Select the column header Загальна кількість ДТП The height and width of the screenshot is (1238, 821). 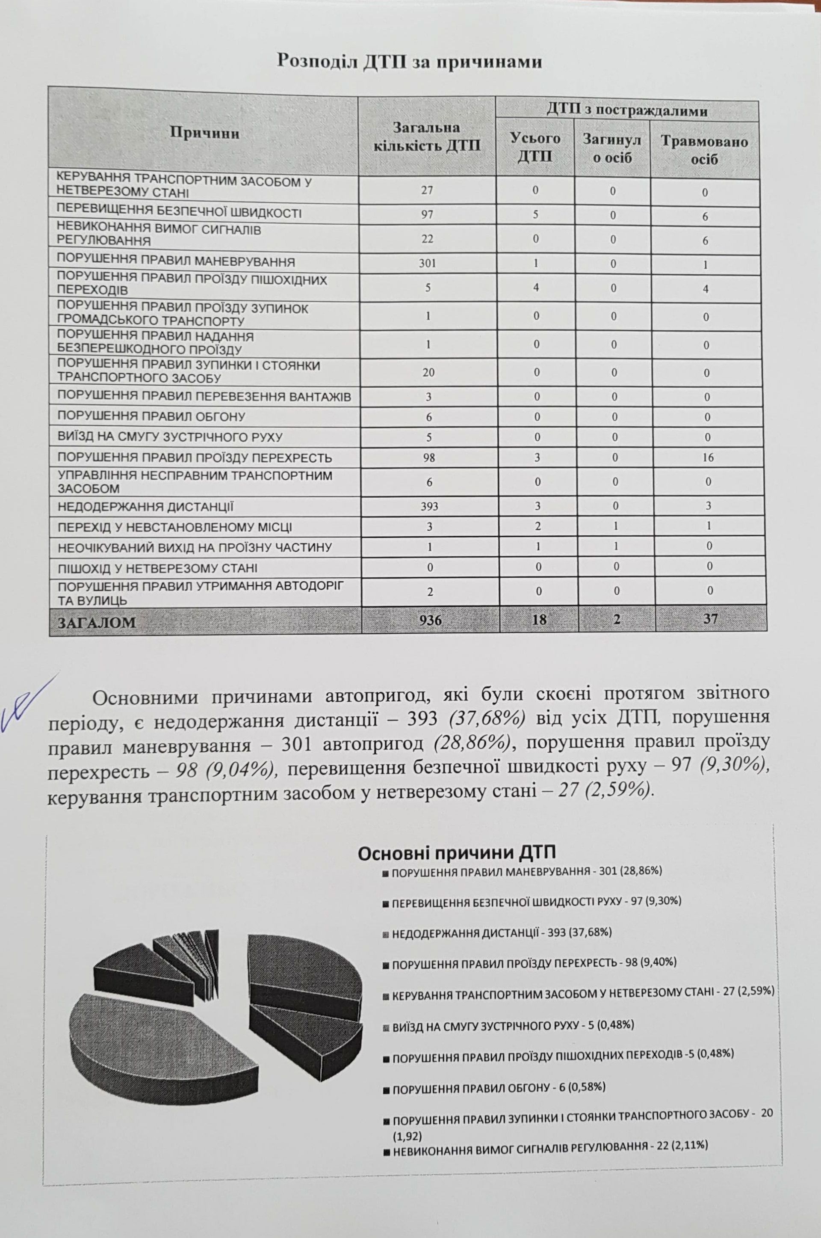(426, 136)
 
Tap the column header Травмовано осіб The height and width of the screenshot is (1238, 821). (704, 149)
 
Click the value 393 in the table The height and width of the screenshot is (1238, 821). (429, 506)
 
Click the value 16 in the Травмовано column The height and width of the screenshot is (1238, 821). (707, 457)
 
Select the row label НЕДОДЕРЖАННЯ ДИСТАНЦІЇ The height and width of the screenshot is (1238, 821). (145, 507)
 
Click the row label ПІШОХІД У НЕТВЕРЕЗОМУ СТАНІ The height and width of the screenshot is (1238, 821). (157, 568)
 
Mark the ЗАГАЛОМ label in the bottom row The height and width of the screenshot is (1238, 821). (97, 622)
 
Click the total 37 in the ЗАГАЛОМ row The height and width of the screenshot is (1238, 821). (710, 619)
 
